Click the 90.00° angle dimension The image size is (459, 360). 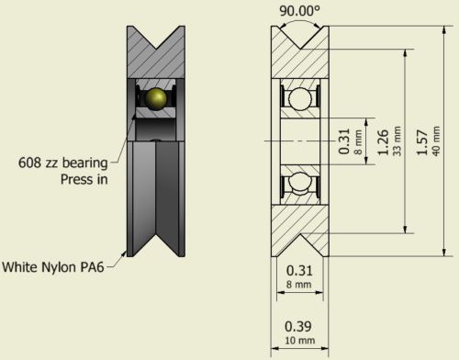pyautogui.click(x=299, y=11)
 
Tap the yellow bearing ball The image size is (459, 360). pyautogui.click(x=156, y=98)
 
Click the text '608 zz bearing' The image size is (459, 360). pyautogui.click(x=63, y=163)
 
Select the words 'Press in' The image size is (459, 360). pyautogui.click(x=84, y=179)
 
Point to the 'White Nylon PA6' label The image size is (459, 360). pyautogui.click(x=53, y=266)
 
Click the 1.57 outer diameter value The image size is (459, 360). pyautogui.click(x=422, y=142)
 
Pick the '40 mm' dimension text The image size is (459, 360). pyautogui.click(x=436, y=141)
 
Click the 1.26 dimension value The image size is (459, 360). pyautogui.click(x=383, y=142)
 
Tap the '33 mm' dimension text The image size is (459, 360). pyautogui.click(x=397, y=141)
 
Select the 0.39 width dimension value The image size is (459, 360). pyautogui.click(x=298, y=326)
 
